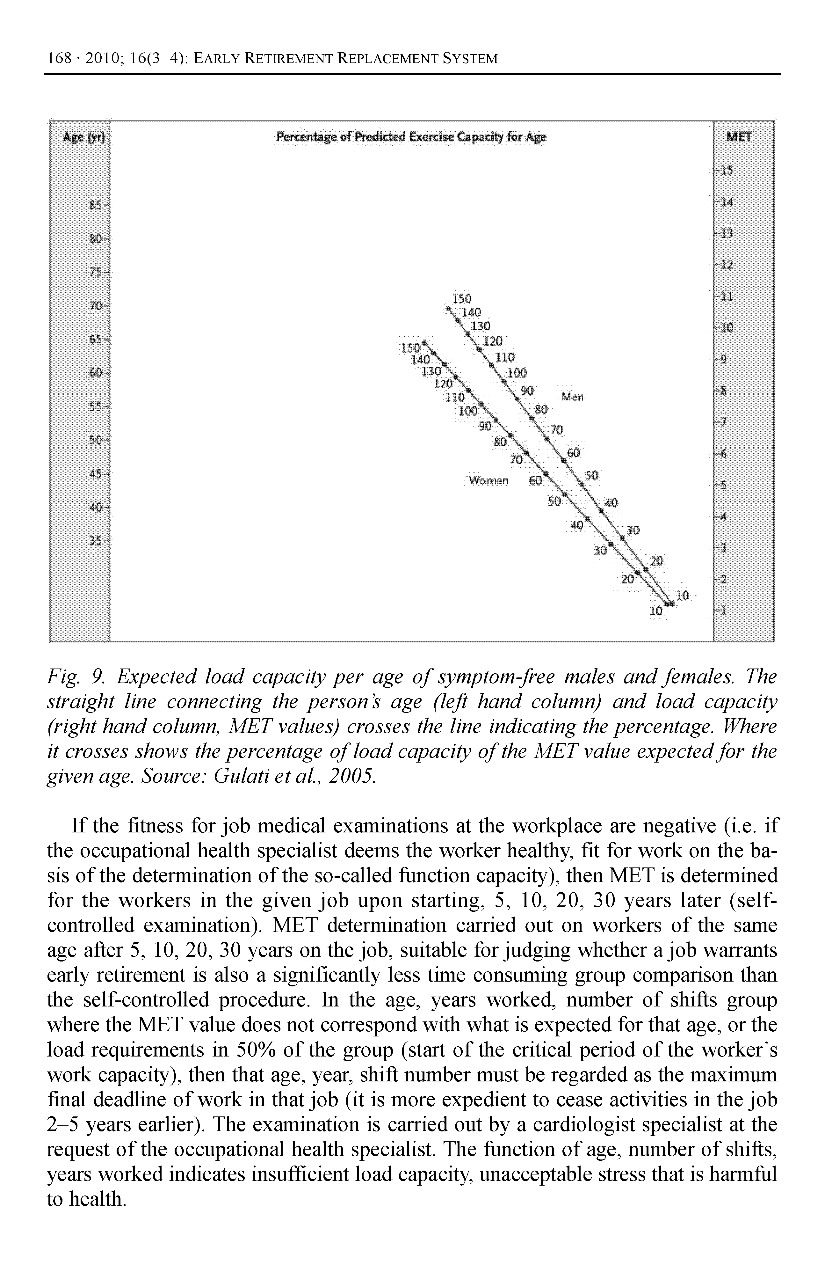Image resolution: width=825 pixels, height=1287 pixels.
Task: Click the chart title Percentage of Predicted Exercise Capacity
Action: tap(411, 138)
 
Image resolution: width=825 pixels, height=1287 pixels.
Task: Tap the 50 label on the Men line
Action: tap(592, 476)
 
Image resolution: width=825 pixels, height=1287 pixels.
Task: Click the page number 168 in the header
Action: tap(59, 58)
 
